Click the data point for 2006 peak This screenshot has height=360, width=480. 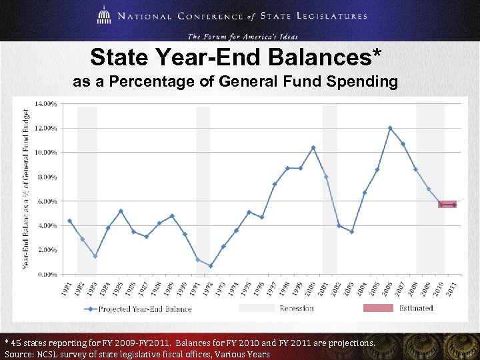[390, 128]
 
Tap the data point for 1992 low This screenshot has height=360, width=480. [211, 266]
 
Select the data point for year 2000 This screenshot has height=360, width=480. [313, 147]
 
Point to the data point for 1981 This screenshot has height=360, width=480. [69, 221]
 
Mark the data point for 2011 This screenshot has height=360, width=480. [455, 205]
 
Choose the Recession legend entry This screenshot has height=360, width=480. [297, 308]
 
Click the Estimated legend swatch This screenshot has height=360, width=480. [378, 308]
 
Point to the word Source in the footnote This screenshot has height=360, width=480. [21, 354]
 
